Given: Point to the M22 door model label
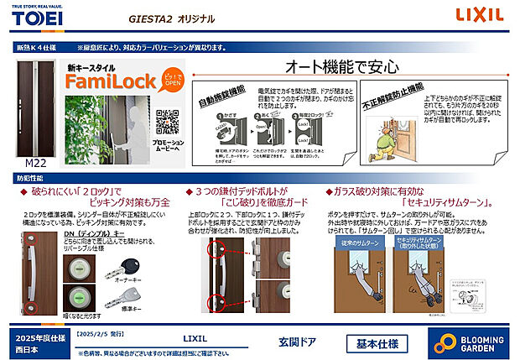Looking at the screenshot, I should click(36, 163).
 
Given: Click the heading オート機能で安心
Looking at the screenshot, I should click(341, 66).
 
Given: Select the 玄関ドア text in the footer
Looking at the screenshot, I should click(297, 343).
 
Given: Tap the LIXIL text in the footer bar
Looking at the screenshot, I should click(194, 337).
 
